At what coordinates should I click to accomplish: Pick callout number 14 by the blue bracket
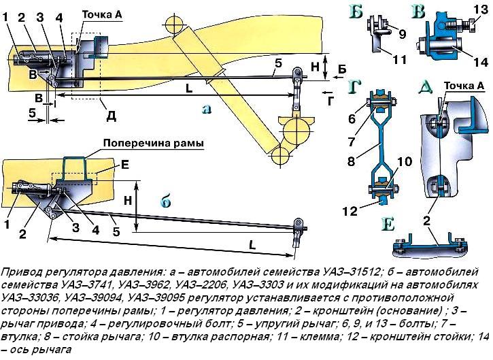[473, 61]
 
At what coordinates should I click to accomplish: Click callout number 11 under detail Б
[401, 60]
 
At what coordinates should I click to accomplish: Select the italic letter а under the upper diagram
[206, 109]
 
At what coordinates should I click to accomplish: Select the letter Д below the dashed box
[111, 116]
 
